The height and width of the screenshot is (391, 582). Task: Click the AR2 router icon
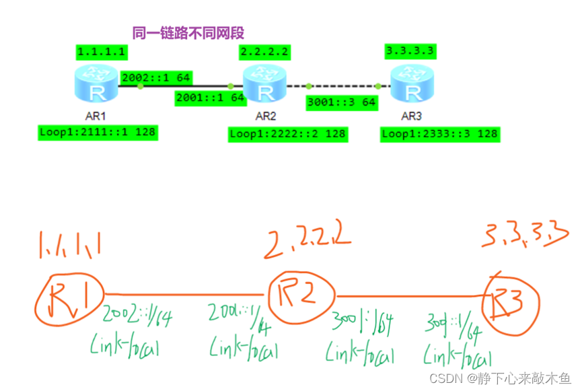point(265,85)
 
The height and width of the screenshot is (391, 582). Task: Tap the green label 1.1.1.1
point(101,52)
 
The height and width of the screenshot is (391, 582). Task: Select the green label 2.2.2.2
point(264,52)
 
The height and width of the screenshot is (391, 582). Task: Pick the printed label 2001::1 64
point(209,98)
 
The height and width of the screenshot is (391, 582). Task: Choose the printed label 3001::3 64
point(341,103)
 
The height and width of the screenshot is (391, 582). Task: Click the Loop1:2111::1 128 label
point(98,132)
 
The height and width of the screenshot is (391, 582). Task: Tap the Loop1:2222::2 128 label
point(287,134)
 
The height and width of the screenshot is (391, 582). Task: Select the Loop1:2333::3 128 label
point(439,134)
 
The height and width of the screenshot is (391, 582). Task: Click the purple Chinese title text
point(188,32)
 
